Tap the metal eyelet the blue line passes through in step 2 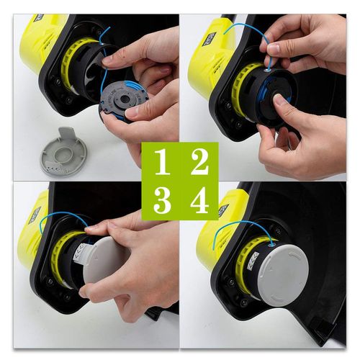coord(268,71)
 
